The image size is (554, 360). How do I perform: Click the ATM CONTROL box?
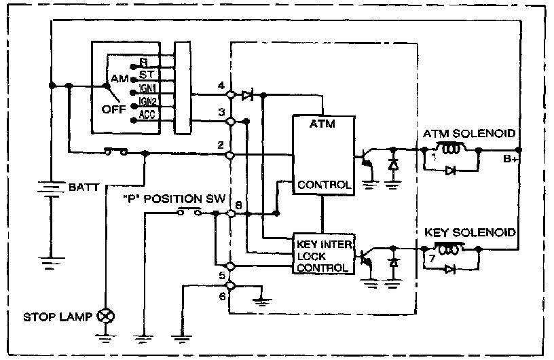tap(322, 154)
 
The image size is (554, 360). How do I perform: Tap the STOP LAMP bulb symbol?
tap(106, 317)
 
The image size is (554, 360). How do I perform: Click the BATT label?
tap(84, 184)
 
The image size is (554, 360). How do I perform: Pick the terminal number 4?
tap(221, 86)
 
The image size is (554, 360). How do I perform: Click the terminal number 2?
tap(221, 145)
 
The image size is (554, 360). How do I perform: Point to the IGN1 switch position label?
tap(147, 88)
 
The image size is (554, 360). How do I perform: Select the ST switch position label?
tap(146, 73)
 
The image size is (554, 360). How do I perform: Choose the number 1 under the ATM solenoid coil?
tap(432, 158)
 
